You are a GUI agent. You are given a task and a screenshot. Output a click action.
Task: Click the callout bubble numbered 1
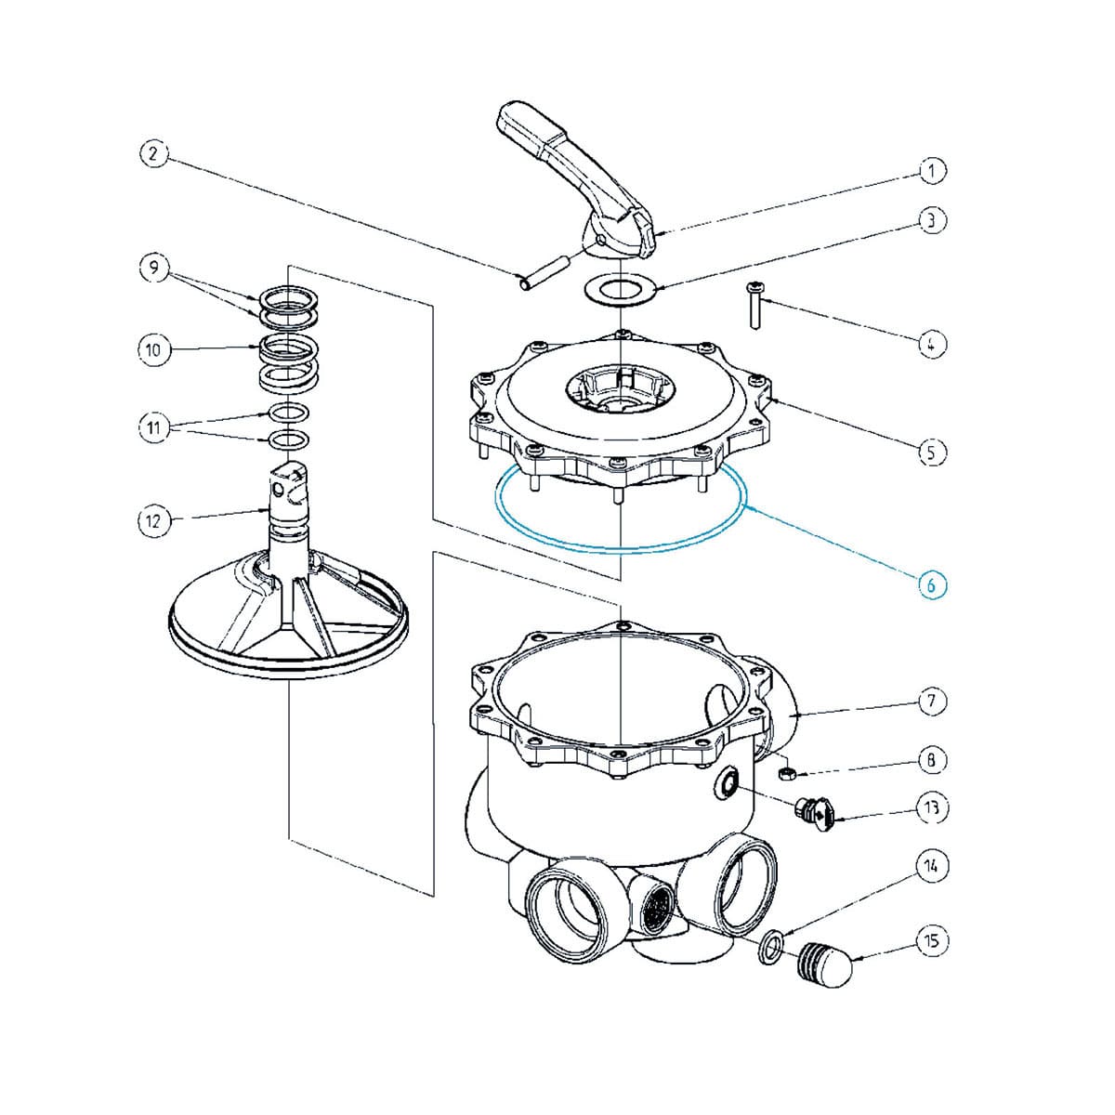pos(933,170)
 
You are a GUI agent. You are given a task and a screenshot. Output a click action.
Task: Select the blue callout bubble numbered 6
pos(933,584)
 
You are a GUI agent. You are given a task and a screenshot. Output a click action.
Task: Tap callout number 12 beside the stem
pos(153,520)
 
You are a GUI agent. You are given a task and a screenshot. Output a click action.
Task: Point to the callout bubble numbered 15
pos(933,941)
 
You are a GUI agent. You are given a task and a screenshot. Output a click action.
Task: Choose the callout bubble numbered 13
pos(933,807)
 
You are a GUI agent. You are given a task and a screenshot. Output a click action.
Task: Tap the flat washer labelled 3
pos(619,288)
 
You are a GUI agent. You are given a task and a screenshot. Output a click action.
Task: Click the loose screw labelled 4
pos(754,308)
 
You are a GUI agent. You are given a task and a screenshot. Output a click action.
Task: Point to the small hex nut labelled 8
pos(785,771)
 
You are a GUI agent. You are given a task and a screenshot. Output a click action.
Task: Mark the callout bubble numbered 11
pos(153,427)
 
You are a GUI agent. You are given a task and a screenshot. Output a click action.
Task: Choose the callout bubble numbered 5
pos(933,452)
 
